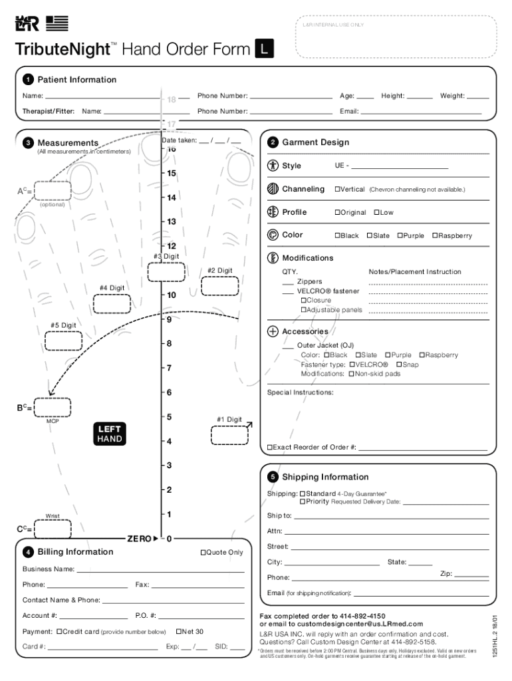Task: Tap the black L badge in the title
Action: click(x=265, y=49)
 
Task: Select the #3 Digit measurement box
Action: click(x=166, y=272)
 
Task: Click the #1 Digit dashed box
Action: click(x=229, y=435)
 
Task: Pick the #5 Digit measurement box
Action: click(x=63, y=340)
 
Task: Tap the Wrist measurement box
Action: click(x=53, y=529)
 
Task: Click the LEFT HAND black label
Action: click(x=110, y=434)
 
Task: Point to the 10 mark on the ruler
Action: click(x=171, y=295)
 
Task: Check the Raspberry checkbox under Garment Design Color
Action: click(x=435, y=235)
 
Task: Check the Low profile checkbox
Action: click(x=376, y=212)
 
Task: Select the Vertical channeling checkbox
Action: click(x=337, y=190)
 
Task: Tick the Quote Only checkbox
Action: click(x=203, y=552)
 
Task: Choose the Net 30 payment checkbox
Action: click(x=179, y=631)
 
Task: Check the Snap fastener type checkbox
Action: click(x=399, y=364)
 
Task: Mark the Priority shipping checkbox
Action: click(x=303, y=501)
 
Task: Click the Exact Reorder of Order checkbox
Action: click(x=270, y=447)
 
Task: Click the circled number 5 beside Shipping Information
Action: click(x=273, y=477)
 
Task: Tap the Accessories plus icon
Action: click(x=273, y=331)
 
